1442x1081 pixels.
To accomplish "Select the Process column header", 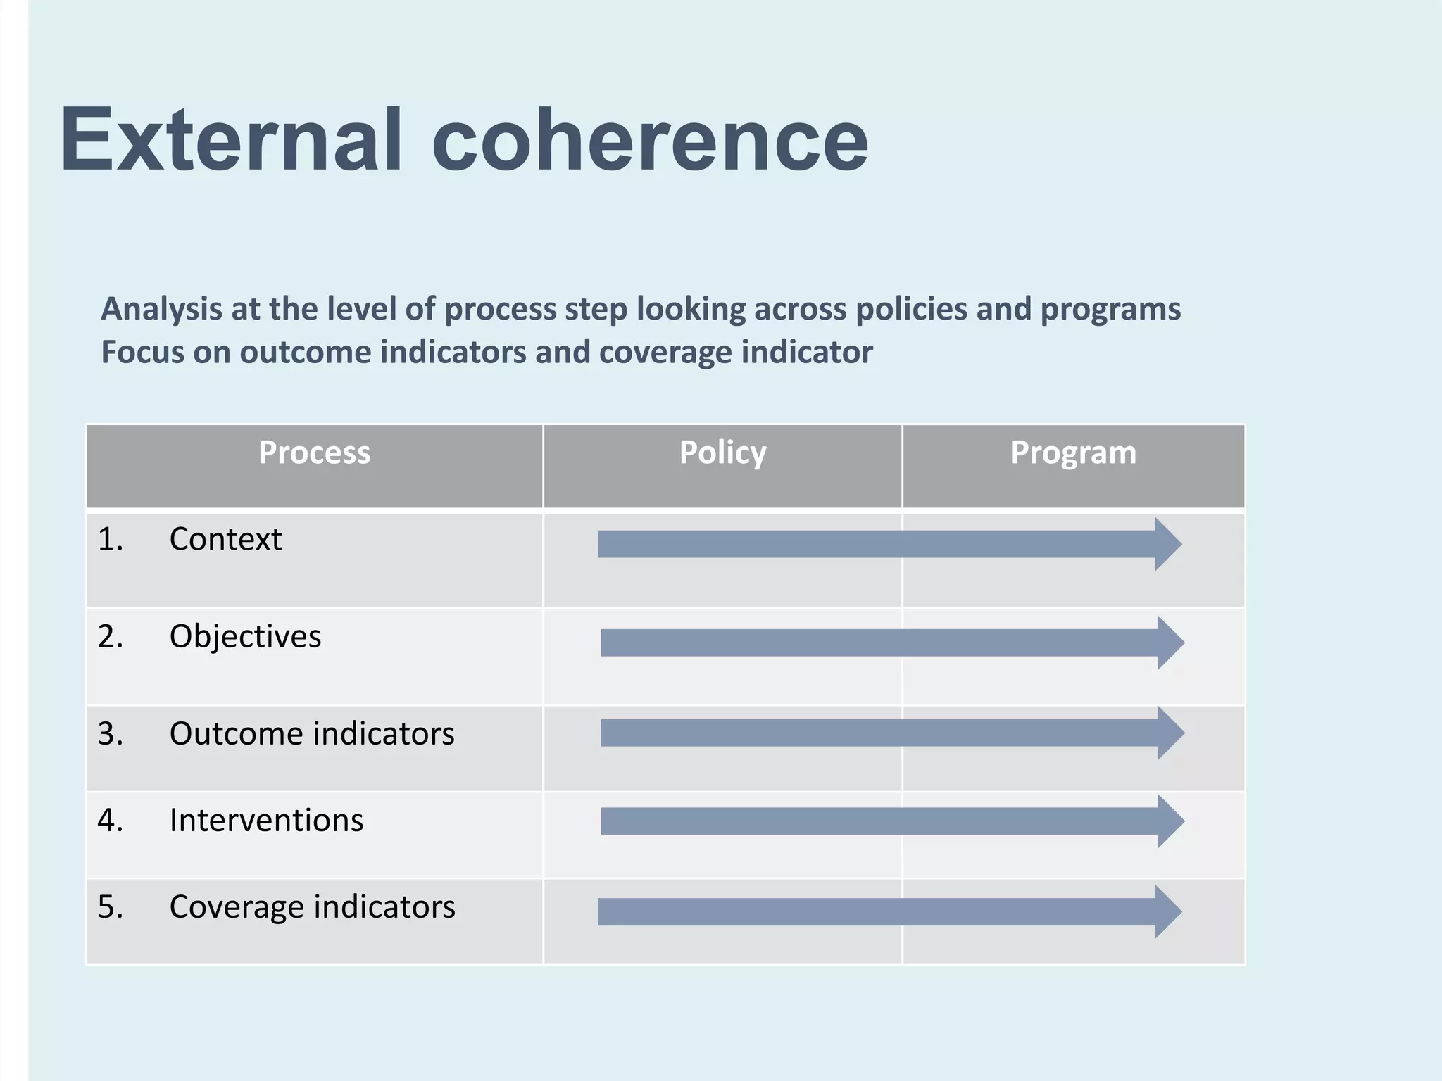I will (314, 453).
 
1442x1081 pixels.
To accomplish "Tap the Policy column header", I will (722, 453).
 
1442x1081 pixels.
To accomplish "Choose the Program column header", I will (1073, 453).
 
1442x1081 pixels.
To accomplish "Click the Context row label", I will (225, 540).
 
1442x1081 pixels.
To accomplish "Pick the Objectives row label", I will (245, 637).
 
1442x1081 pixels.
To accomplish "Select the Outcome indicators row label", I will (312, 734).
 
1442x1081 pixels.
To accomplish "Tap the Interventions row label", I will (266, 821).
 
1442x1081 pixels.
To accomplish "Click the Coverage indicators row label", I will (312, 907).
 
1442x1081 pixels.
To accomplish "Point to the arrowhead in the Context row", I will (1167, 544).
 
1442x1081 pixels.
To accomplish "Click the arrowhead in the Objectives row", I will (1170, 643).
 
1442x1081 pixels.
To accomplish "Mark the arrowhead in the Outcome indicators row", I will (1170, 733).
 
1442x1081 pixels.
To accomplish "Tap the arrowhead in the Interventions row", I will (1170, 821).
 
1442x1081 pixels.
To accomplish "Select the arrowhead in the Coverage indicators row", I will (1167, 911).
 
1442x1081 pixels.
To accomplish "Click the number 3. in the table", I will (111, 734).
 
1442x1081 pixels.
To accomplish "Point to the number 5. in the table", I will (111, 907).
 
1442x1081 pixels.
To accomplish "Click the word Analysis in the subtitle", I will (161, 310).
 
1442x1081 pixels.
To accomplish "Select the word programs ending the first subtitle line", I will (1110, 310).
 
